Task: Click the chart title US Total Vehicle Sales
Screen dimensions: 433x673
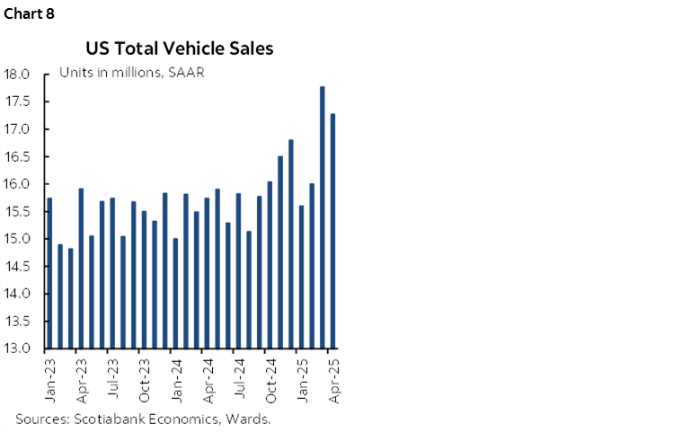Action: pos(180,49)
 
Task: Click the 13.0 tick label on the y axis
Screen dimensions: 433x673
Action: pos(17,349)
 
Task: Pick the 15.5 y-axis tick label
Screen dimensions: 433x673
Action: pos(17,211)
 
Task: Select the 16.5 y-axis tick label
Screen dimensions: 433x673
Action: pos(17,156)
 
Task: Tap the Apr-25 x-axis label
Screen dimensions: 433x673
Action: pos(333,378)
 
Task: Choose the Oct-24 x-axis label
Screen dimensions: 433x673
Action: pos(270,378)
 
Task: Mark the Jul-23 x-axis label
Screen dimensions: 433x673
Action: pos(113,378)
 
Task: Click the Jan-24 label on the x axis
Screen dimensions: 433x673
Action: pos(176,378)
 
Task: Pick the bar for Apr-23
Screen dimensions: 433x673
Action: pos(81,269)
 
